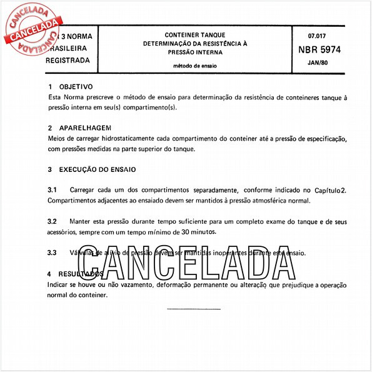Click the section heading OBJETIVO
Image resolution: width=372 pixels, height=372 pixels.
coord(76,87)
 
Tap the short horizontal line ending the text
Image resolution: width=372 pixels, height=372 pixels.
coord(194,308)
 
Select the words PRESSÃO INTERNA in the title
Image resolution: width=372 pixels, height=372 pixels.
coord(196,52)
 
